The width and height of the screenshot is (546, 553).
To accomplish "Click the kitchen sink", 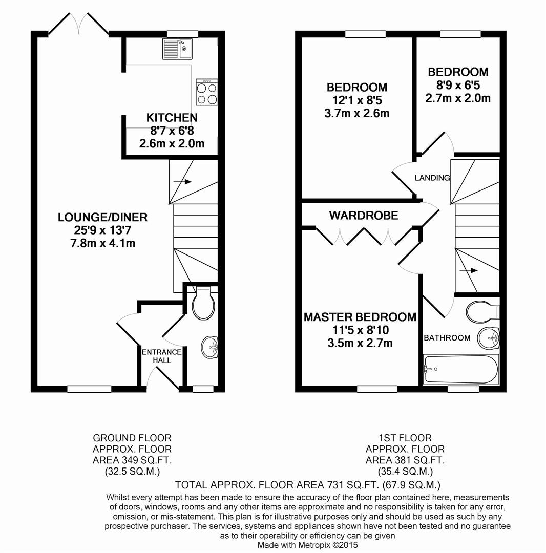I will [x=177, y=49].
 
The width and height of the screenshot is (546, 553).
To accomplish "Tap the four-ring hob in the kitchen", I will [x=207, y=93].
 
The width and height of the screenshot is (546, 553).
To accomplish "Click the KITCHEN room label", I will [x=172, y=118].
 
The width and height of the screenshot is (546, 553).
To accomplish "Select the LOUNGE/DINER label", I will [x=102, y=217].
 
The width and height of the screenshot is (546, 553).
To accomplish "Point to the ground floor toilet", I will [x=202, y=305].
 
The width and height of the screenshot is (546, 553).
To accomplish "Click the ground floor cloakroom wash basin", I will [x=209, y=347].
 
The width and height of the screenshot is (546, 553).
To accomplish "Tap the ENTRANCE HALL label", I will [x=161, y=356].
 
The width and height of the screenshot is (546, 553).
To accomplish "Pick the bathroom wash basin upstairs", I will [x=490, y=337].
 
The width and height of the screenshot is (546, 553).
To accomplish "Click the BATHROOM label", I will [x=447, y=338].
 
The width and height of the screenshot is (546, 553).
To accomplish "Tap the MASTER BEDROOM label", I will [x=360, y=317].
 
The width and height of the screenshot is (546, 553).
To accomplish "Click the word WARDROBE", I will [x=363, y=216].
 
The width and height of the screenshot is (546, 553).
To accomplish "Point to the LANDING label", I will [x=432, y=178].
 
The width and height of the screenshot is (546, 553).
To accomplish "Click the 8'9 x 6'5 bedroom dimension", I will [x=458, y=85].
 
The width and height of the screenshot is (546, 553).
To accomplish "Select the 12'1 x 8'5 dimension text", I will [x=357, y=100].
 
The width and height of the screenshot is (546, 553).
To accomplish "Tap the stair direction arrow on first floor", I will [x=469, y=270].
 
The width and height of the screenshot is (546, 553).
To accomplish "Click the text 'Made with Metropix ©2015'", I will [x=307, y=545].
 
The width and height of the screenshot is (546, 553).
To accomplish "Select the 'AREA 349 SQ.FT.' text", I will [x=132, y=460].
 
